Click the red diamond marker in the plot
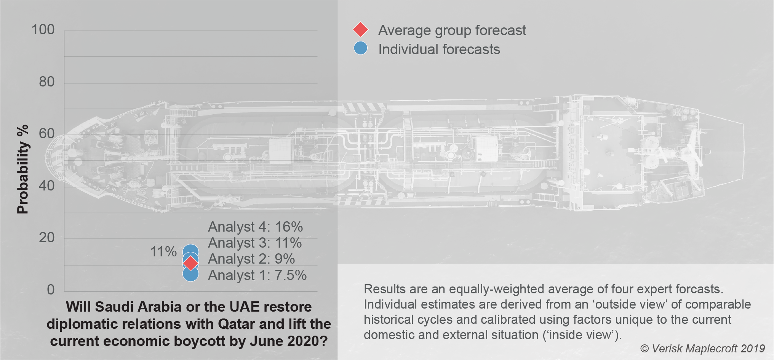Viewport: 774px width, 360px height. click(x=190, y=262)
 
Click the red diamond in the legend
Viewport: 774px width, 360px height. click(x=360, y=29)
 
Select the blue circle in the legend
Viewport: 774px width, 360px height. click(x=360, y=48)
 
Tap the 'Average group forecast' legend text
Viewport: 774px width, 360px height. click(x=452, y=30)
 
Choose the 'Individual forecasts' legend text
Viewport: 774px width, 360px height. click(x=439, y=49)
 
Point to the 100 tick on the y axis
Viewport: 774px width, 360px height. click(x=43, y=30)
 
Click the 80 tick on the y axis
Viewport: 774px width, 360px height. click(x=47, y=82)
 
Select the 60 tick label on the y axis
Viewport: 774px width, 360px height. click(x=47, y=134)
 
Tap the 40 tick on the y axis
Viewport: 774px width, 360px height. click(x=47, y=186)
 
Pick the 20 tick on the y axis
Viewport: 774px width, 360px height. click(x=47, y=238)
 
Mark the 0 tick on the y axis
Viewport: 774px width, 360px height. click(x=51, y=290)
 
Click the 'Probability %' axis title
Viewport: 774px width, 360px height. click(x=23, y=169)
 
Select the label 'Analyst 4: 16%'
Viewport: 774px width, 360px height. click(x=255, y=227)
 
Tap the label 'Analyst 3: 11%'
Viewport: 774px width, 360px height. click(x=254, y=243)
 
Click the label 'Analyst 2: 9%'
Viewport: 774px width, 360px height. click(x=251, y=259)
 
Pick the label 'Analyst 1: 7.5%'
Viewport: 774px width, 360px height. click(x=257, y=275)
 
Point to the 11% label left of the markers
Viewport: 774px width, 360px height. click(x=163, y=251)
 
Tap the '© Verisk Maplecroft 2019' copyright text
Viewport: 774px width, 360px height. click(x=702, y=348)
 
